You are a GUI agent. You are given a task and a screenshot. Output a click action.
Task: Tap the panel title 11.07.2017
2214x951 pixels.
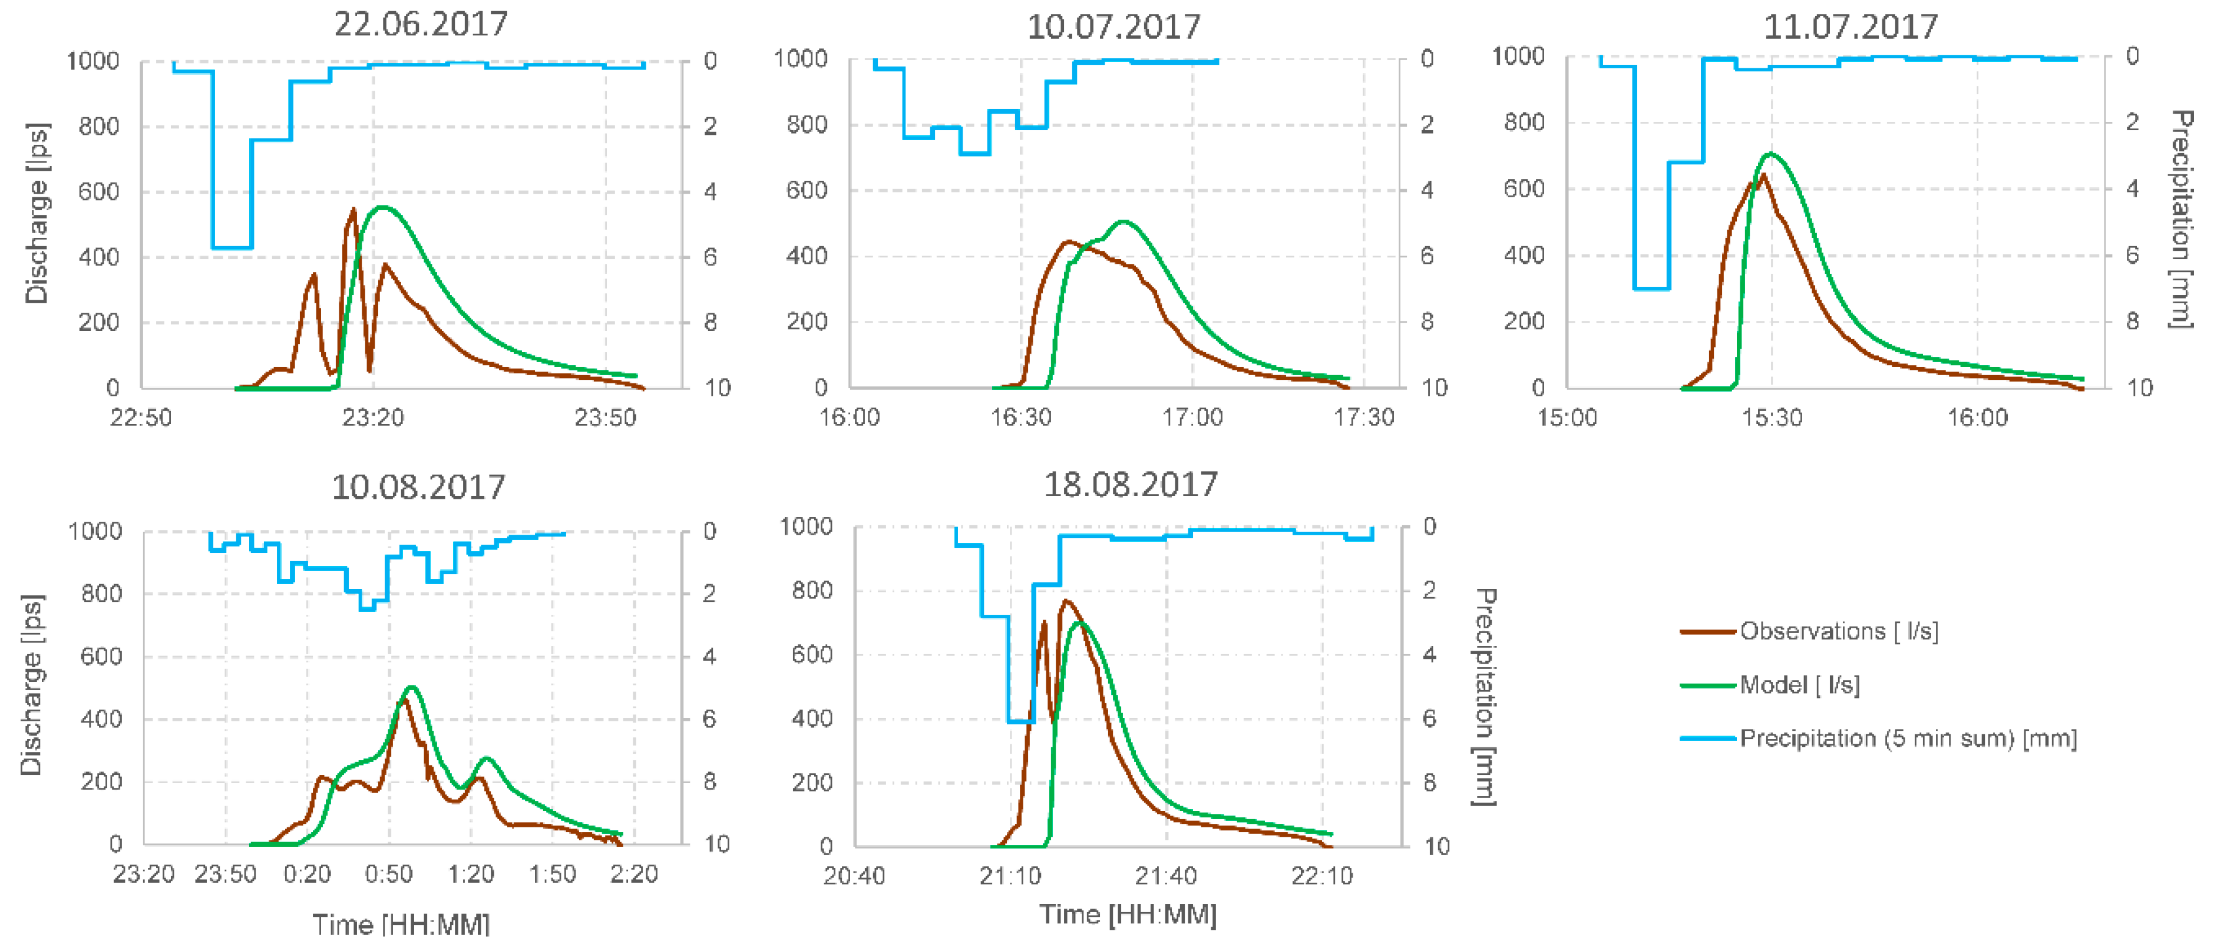click(1850, 26)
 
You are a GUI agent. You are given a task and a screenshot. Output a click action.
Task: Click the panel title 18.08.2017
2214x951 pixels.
click(1130, 485)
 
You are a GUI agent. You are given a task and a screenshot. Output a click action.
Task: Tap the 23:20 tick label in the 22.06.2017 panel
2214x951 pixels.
click(373, 418)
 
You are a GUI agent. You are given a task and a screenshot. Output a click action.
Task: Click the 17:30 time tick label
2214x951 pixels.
click(1363, 418)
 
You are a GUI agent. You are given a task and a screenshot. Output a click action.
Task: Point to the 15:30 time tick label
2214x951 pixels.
click(1772, 418)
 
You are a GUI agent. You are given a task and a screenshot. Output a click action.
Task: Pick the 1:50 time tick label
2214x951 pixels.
click(552, 874)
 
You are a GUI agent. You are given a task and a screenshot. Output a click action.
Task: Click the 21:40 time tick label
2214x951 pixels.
click(1165, 876)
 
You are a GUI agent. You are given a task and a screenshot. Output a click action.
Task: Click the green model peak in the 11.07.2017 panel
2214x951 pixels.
click(1770, 155)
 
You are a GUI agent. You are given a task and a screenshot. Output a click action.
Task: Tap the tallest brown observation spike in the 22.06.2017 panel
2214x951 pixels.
click(353, 210)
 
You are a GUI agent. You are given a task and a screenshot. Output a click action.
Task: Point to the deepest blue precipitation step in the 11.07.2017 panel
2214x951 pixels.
click(1651, 288)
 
